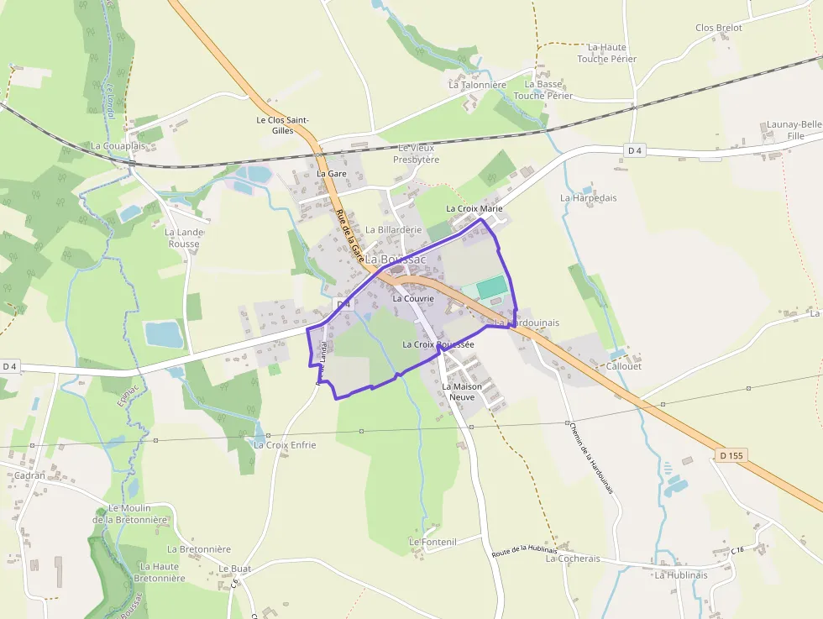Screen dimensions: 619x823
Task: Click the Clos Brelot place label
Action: coord(718,28)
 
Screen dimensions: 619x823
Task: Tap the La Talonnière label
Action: coord(477,84)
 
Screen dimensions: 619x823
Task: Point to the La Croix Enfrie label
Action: coord(285,444)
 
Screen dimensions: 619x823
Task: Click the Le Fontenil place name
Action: coord(432,542)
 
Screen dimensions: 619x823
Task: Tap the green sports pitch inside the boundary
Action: coord(492,287)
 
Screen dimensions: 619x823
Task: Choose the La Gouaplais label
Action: coord(118,145)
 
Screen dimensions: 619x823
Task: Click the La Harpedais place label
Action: coord(588,197)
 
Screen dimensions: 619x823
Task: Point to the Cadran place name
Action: coord(29,475)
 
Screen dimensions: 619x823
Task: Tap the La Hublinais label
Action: coord(681,575)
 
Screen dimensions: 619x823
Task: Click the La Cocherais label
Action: coord(573,559)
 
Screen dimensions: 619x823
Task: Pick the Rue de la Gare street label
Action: coord(349,233)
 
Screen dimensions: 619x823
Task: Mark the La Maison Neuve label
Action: coord(462,391)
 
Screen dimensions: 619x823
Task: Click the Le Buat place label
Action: coord(235,569)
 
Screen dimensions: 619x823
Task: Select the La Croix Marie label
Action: coord(474,208)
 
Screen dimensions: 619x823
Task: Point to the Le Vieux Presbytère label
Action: coord(417,154)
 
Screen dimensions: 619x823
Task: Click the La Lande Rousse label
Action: coord(184,238)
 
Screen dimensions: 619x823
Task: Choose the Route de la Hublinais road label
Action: coord(524,551)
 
